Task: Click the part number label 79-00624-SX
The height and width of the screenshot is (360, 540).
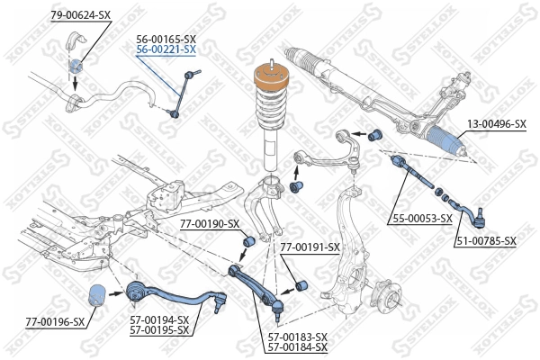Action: coord(82,15)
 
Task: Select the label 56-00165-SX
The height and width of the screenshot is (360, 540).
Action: coord(166,40)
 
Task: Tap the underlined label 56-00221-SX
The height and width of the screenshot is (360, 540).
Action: coord(166,50)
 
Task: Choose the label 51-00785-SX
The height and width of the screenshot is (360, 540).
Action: coord(486,240)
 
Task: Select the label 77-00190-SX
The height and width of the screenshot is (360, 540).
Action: coord(210,223)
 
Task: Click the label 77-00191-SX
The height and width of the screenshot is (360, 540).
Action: coord(310,247)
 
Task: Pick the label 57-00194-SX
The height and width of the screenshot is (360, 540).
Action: coord(159,319)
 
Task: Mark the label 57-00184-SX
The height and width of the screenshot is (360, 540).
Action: coord(297,347)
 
